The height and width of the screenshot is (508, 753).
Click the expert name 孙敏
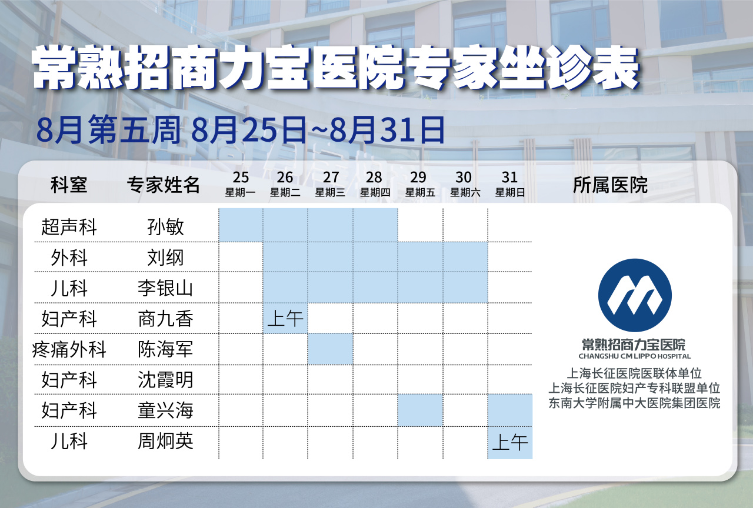(x=165, y=227)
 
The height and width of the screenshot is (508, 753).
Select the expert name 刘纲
(x=165, y=258)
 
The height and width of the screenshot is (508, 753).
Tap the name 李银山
(x=165, y=288)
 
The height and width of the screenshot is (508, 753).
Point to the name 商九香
(x=165, y=319)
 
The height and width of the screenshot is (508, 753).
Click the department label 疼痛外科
(x=69, y=349)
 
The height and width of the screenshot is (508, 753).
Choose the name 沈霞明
(x=165, y=380)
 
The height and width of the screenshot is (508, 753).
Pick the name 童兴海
(x=165, y=410)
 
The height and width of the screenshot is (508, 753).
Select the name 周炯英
(x=165, y=441)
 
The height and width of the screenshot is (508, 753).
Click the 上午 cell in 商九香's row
(x=285, y=319)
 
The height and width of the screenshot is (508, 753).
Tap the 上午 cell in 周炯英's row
(x=510, y=443)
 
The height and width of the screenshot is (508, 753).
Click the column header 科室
(x=69, y=185)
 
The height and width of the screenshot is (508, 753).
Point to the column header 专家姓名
(x=164, y=185)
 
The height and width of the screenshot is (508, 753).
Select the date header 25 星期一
(x=241, y=184)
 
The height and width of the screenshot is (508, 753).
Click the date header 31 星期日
(x=510, y=184)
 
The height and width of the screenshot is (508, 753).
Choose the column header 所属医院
(x=610, y=185)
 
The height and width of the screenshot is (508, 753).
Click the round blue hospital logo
(x=635, y=295)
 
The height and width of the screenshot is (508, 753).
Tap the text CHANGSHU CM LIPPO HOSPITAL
(x=635, y=356)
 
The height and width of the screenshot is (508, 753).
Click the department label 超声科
(x=69, y=227)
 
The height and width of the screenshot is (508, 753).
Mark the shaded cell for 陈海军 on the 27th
(x=330, y=349)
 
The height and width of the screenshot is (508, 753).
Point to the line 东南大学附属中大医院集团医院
(x=634, y=403)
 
